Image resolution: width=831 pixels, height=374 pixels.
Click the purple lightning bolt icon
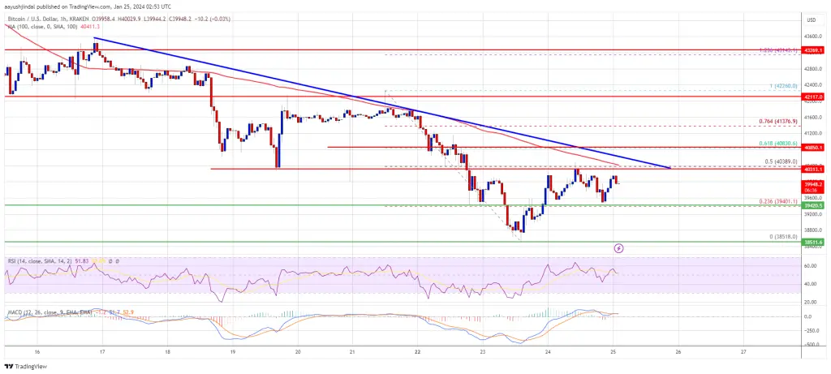(619, 248)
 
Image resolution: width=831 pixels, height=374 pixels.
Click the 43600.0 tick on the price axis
(812, 36)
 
